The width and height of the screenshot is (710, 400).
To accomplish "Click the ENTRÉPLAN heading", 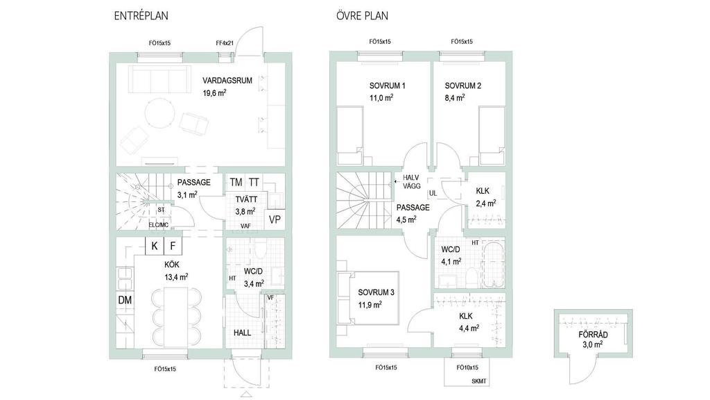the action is (x=141, y=16).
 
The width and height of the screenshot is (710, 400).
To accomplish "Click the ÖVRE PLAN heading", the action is (x=362, y=16).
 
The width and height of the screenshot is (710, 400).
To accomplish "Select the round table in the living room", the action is (x=160, y=112).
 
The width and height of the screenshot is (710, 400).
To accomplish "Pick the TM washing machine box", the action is (x=236, y=183).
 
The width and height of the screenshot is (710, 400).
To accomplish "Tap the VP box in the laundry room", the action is (x=275, y=219).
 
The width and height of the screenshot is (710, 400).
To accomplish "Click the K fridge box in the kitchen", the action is (x=155, y=246).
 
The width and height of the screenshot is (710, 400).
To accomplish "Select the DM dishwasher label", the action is (x=125, y=300).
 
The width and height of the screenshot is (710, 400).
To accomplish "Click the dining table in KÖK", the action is (x=176, y=317).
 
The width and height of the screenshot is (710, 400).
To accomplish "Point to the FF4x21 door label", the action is (x=225, y=43).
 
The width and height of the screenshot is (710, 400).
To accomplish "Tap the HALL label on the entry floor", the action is (x=242, y=333).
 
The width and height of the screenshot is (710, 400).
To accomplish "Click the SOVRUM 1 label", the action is (x=387, y=85).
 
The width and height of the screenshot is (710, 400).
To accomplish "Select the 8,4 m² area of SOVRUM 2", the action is (x=454, y=97).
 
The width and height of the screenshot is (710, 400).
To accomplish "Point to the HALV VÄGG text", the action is (x=412, y=182).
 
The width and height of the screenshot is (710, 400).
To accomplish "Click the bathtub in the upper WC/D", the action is (x=493, y=265).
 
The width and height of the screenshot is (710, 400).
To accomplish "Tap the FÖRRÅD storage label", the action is (x=593, y=335).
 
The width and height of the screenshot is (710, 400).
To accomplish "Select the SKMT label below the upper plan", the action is (x=478, y=381).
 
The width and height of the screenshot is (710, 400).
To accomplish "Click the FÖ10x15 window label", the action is (x=467, y=367).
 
